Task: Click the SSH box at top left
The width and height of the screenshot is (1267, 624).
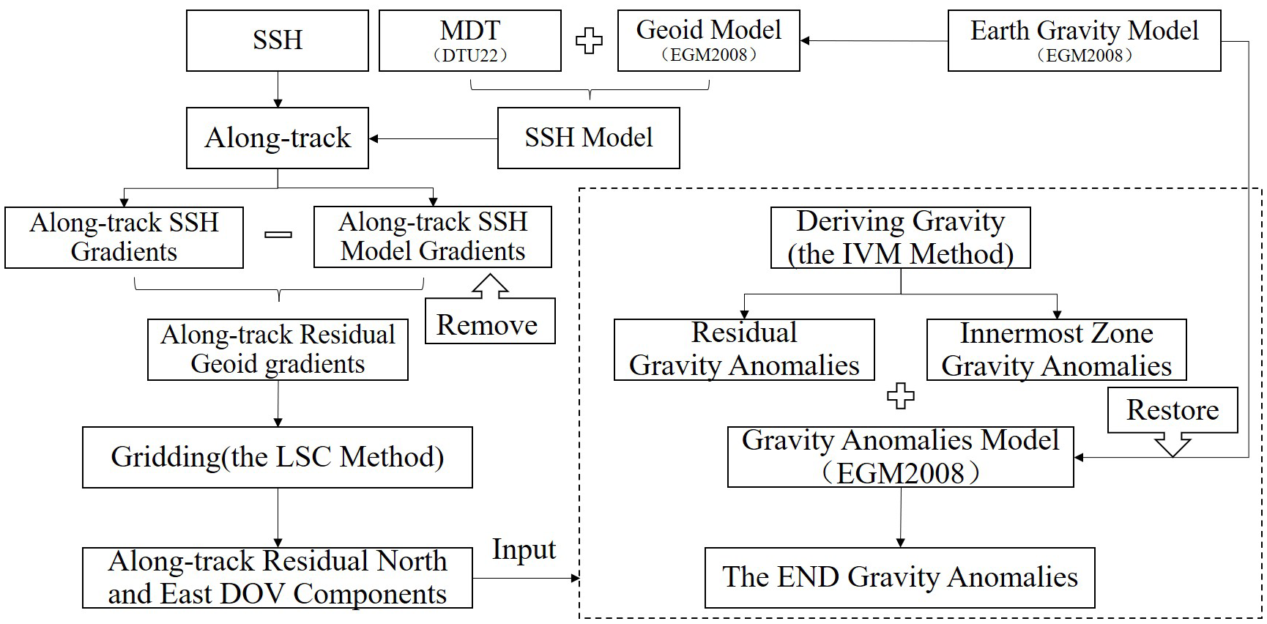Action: (277, 40)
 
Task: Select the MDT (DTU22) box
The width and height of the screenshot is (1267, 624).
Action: (469, 40)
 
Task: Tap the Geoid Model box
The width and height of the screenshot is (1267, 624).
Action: (708, 40)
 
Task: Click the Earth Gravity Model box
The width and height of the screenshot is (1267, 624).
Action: (1083, 40)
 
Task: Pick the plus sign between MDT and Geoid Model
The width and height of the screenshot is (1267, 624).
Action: (589, 41)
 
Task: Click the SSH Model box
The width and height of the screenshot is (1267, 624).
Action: (588, 138)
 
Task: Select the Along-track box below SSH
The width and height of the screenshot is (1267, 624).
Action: (277, 138)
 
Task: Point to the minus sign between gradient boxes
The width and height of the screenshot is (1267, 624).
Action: (278, 235)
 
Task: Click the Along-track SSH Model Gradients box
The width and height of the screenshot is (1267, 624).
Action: (432, 237)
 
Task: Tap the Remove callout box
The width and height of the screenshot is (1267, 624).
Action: (489, 323)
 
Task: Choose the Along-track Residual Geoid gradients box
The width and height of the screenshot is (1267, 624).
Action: (277, 349)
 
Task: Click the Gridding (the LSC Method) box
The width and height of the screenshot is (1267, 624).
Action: (277, 457)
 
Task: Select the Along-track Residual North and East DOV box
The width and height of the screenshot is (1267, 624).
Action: (277, 577)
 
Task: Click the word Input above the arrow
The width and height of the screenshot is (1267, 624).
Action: (524, 549)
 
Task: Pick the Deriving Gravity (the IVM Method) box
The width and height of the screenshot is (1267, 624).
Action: (900, 237)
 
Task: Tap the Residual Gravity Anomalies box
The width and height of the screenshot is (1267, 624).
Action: (743, 349)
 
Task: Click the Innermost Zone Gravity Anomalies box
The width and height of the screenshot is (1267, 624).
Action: (1055, 349)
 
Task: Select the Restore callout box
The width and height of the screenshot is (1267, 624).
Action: (1172, 410)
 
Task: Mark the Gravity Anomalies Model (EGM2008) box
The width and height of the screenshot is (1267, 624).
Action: (900, 457)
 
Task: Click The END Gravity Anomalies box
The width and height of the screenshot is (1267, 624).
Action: (899, 577)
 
